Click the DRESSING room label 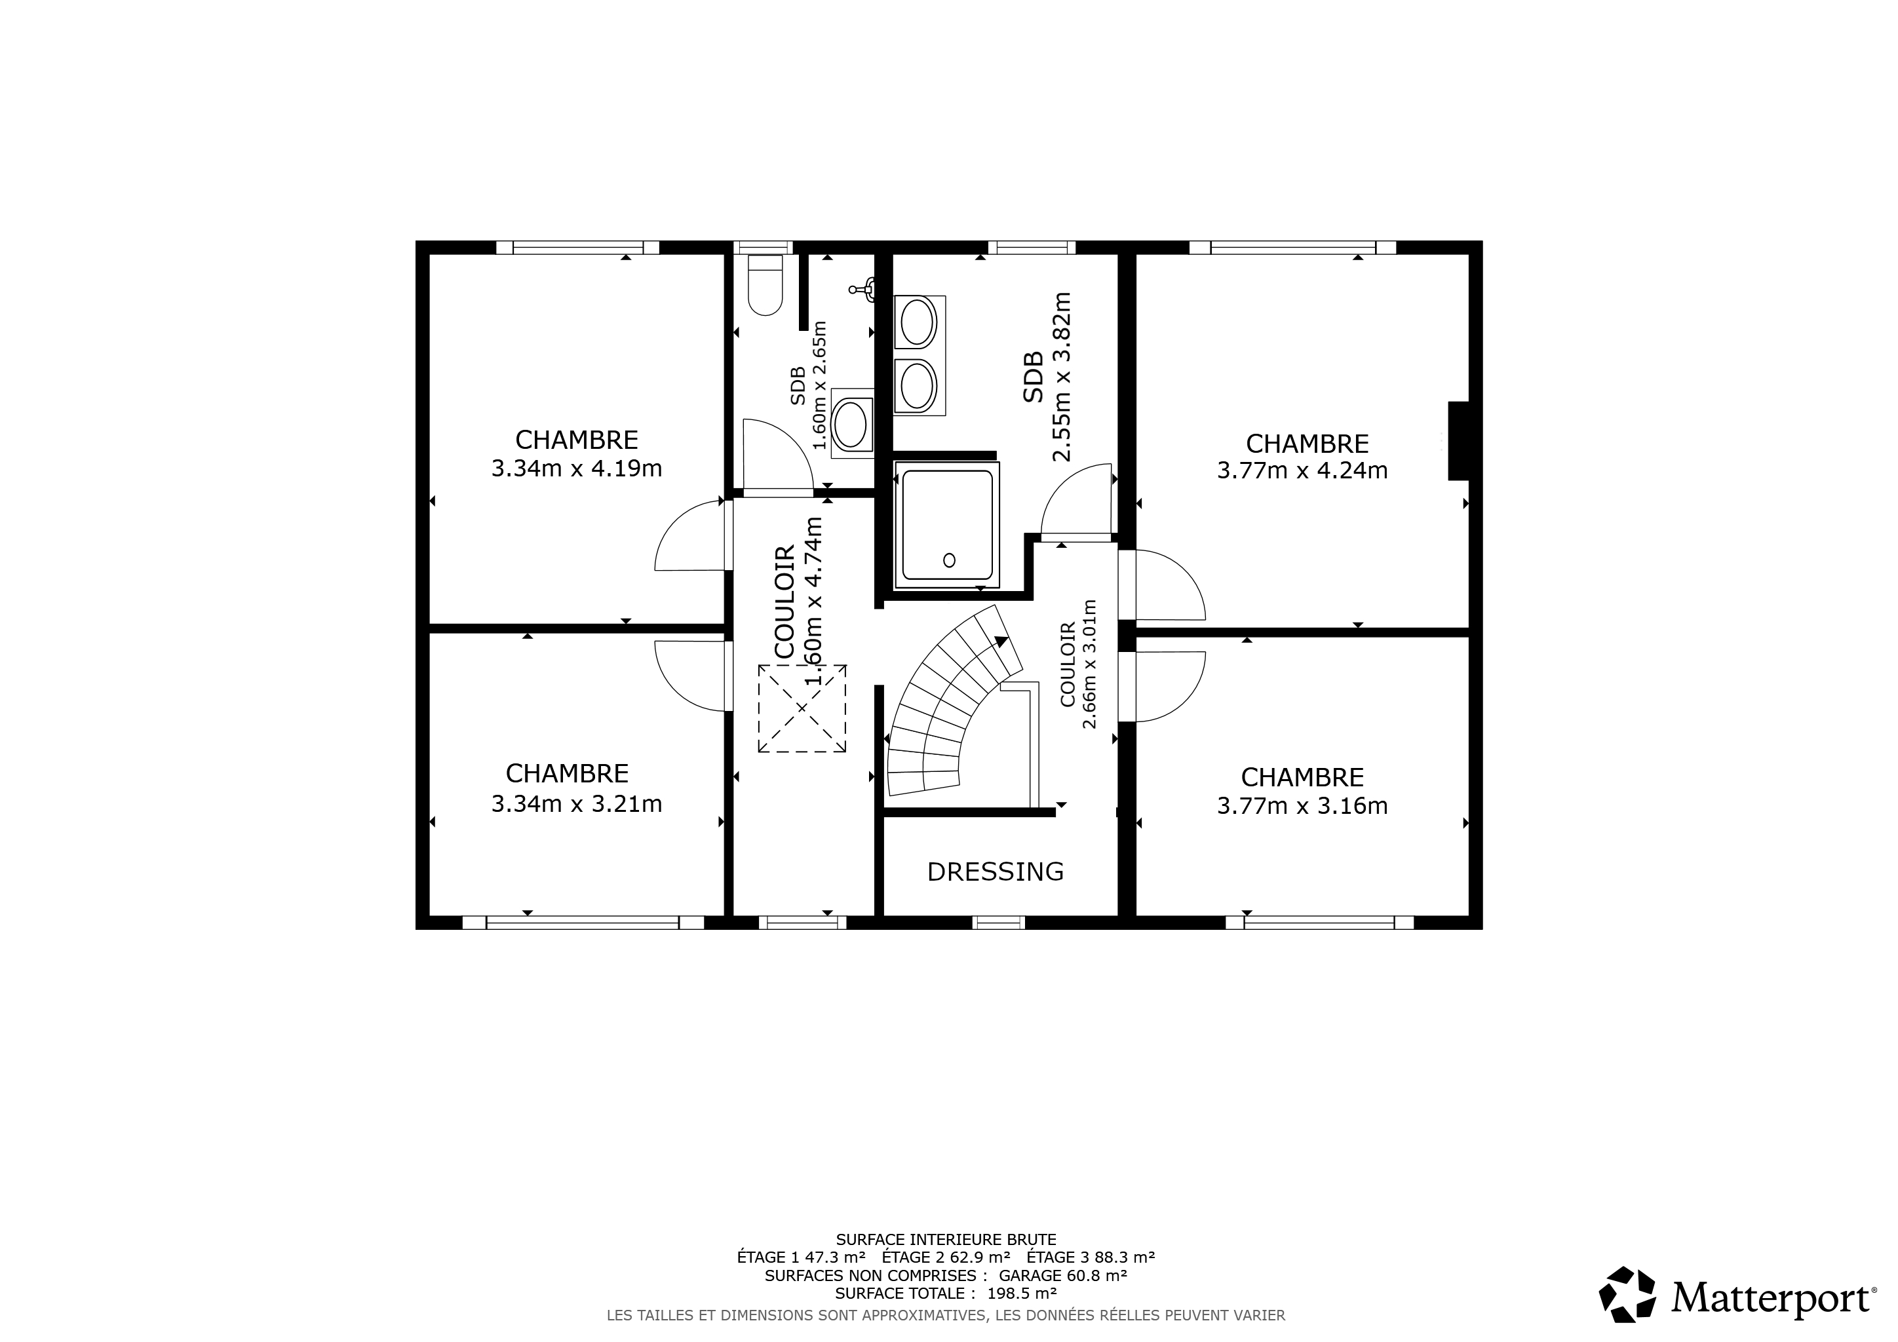996,872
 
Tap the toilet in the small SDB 765,285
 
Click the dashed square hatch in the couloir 802,708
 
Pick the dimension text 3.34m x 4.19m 577,469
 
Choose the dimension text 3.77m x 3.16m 1303,806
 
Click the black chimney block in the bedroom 1458,440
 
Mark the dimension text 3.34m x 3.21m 577,804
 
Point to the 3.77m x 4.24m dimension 1303,471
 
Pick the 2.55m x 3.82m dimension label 1062,377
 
